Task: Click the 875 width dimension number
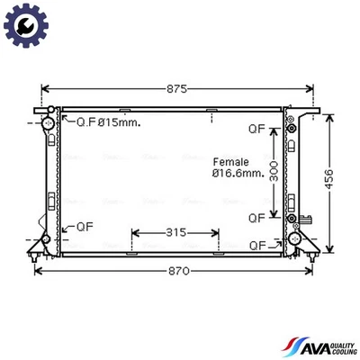[177, 89]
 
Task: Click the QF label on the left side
[84, 226]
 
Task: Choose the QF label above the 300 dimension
[257, 129]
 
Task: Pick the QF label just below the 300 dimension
[257, 217]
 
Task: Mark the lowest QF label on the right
[257, 245]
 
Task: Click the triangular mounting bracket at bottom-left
[38, 245]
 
